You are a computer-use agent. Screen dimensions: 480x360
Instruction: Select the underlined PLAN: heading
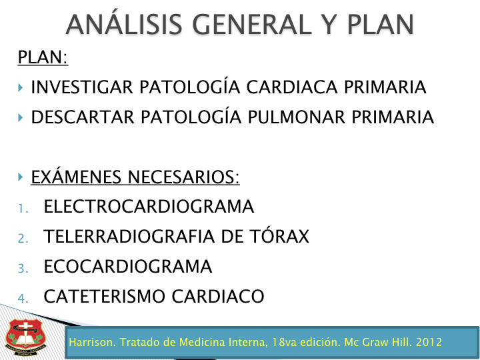tap(43, 57)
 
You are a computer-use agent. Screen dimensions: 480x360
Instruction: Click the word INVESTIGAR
tap(82, 87)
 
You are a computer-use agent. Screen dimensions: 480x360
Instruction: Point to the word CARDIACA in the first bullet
tap(292, 87)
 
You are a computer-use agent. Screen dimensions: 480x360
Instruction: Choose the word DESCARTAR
tap(83, 117)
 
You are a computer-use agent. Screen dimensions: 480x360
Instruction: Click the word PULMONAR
tap(296, 117)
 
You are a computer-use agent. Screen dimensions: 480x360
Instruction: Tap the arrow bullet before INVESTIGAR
tap(21, 87)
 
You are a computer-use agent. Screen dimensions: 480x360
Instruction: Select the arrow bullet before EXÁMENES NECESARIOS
tap(21, 177)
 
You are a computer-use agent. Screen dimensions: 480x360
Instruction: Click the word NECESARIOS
tap(183, 177)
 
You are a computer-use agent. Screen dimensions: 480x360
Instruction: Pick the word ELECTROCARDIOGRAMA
tap(149, 206)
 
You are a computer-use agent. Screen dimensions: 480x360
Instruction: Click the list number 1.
tap(23, 209)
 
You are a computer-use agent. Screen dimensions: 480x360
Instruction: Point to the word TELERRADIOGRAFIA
tap(129, 236)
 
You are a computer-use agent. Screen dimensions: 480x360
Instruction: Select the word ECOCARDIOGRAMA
tap(128, 266)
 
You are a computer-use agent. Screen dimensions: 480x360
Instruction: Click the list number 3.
tap(23, 269)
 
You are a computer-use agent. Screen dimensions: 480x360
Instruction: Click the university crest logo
tap(25, 337)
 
